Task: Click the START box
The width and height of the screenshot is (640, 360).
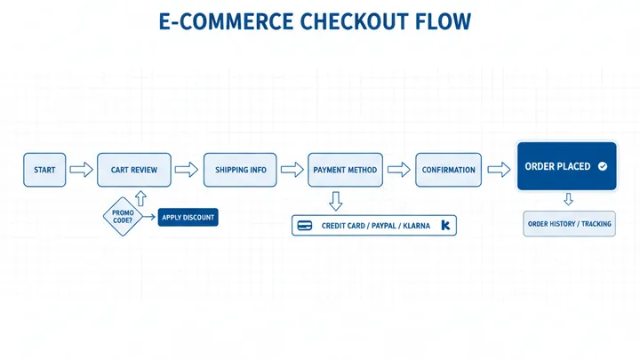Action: [44, 170]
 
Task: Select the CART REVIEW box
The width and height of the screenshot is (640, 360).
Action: [133, 170]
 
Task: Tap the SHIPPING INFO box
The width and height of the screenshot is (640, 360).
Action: [240, 170]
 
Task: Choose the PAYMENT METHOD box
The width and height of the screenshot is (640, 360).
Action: [345, 170]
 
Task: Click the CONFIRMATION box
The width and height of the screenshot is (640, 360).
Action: [448, 170]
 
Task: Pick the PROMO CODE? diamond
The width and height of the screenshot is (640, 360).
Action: [123, 217]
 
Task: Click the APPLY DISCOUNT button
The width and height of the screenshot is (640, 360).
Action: [188, 217]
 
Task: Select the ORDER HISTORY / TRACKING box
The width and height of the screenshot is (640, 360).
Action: [569, 224]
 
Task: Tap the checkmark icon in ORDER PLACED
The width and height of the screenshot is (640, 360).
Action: [602, 166]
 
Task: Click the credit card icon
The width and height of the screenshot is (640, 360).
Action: [305, 226]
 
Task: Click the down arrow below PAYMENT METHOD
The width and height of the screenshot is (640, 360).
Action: [335, 199]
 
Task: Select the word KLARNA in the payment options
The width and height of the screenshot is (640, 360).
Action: [416, 226]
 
